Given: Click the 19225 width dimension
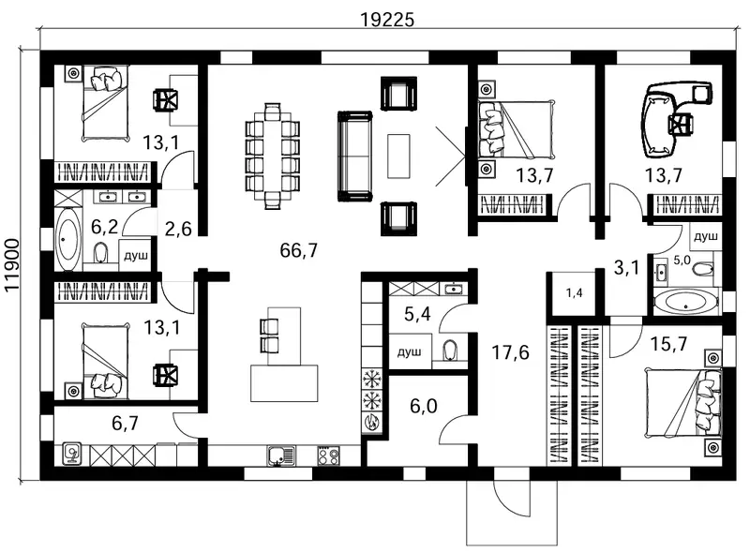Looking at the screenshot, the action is (x=387, y=20).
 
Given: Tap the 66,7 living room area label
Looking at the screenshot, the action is (x=298, y=250).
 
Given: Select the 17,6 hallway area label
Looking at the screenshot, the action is (x=510, y=352).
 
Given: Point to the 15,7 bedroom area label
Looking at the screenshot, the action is (x=668, y=343).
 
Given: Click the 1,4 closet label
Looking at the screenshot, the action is (x=575, y=292).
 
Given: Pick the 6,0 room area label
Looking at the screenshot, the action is (x=424, y=406).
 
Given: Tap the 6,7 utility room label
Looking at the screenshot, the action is (x=125, y=423).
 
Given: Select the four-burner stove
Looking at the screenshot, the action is (x=329, y=455).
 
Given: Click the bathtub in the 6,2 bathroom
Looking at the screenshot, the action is (x=68, y=239).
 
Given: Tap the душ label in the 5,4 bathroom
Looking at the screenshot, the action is (x=410, y=352).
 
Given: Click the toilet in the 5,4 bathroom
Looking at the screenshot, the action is (x=450, y=351).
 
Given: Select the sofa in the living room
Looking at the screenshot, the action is (x=355, y=156).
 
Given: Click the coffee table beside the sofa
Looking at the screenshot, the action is (x=398, y=156).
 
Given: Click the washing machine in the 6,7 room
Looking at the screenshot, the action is (x=72, y=455).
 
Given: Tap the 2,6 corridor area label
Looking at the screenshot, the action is (x=178, y=229).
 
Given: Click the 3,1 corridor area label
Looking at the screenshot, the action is (x=626, y=268).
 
